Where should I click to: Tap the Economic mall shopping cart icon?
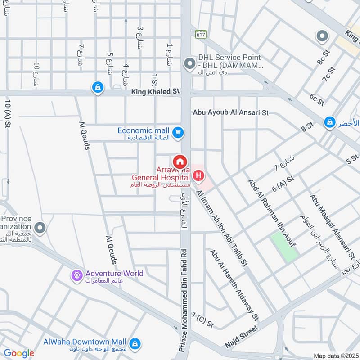[178, 132]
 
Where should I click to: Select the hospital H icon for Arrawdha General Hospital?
[197, 174]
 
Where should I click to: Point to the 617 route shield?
[200, 34]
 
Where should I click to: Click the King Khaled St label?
[155, 92]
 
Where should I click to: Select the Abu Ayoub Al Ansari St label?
[230, 112]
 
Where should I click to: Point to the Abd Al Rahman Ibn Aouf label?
[271, 212]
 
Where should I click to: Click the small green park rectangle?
[284, 247]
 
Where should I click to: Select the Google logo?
[19, 353]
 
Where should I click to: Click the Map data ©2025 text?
[335, 356]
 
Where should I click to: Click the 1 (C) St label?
[202, 319]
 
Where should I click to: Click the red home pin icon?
[180, 161]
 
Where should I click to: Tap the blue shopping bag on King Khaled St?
[97, 88]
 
